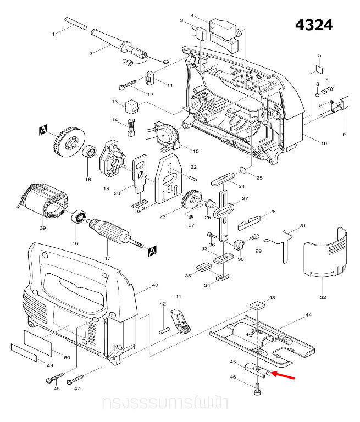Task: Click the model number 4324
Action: [314, 25]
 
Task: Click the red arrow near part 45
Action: [285, 376]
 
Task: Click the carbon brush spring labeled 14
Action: [131, 127]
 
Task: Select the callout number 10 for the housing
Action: [324, 143]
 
